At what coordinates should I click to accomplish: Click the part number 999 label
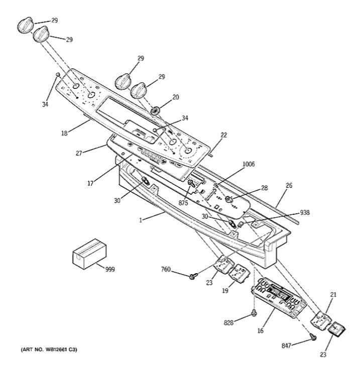coord(110,270)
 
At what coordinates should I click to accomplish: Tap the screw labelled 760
coord(193,276)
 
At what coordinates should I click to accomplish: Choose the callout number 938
coord(304,212)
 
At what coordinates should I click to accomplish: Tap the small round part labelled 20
coord(155,109)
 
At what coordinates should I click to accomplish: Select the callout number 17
coord(90,184)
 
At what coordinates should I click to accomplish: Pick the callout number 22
coord(223,135)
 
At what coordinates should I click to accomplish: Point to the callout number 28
coord(264,188)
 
